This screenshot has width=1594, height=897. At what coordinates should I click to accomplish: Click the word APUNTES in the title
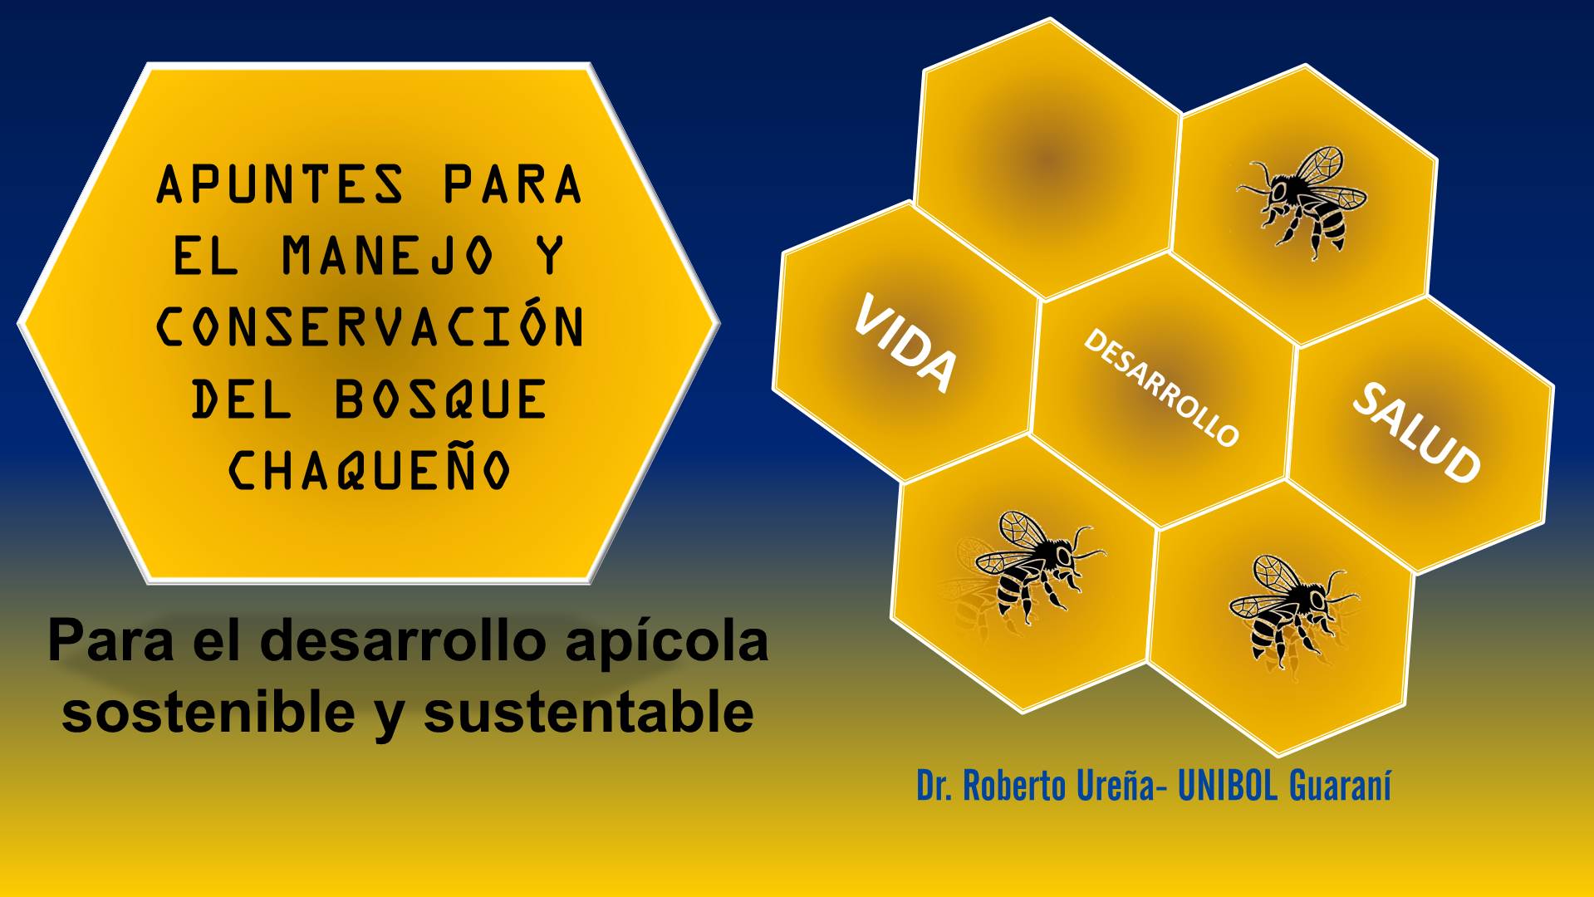tap(281, 184)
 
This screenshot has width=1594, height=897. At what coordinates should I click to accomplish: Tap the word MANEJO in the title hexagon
tap(388, 255)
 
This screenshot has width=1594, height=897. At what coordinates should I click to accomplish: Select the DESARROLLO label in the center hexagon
tap(1161, 387)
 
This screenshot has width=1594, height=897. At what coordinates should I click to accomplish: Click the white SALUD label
tap(1416, 432)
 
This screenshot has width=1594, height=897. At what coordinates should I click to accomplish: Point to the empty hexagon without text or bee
tap(1048, 158)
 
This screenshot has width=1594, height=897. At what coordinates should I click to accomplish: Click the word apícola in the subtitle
tap(666, 643)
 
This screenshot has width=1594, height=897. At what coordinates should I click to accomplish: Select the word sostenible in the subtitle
tap(208, 712)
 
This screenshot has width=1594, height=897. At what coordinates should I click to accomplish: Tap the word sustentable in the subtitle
tap(589, 712)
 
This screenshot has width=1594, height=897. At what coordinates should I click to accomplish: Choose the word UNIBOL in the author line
tap(1228, 785)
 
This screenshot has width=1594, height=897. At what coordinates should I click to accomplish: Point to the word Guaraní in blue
tap(1340, 785)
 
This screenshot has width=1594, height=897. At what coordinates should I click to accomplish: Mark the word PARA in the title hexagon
tap(513, 184)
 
